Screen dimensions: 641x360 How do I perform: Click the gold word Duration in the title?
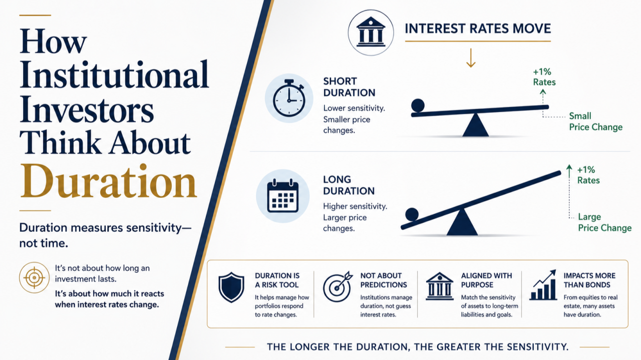tap(109, 181)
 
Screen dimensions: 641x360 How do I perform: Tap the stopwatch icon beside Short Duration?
tap(289, 98)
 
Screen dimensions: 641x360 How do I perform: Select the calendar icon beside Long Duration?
tap(283, 196)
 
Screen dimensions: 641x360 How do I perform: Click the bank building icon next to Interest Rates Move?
tap(371, 33)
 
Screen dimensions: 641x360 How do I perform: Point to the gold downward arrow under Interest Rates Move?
tap(471, 58)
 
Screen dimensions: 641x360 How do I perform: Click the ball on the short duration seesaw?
tap(418, 105)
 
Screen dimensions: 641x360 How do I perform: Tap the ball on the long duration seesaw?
tap(412, 214)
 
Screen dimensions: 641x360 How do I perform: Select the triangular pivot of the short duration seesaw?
tap(475, 125)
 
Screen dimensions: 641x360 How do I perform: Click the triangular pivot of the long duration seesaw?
tap(462, 222)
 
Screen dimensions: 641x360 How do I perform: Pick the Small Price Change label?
tap(595, 121)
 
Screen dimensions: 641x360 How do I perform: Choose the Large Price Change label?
tap(604, 222)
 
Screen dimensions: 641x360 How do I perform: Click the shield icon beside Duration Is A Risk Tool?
tap(231, 287)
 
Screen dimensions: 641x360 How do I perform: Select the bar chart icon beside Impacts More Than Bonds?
tap(543, 285)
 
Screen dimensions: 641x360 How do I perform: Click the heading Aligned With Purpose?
tap(486, 280)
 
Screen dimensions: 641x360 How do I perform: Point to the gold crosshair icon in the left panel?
tap(35, 277)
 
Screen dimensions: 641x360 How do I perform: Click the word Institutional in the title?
tap(114, 75)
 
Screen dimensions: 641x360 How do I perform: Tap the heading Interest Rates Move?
tap(478, 29)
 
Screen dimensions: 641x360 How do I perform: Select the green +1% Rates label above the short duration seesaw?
tap(544, 77)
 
